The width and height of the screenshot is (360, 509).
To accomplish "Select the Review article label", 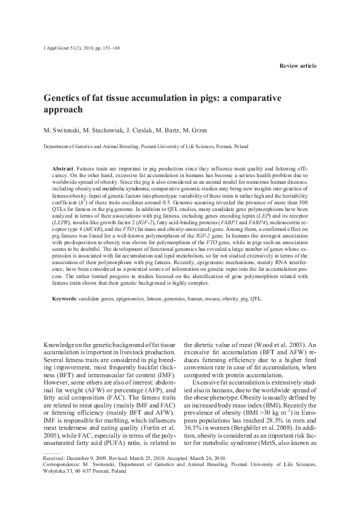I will (x=298, y=65).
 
